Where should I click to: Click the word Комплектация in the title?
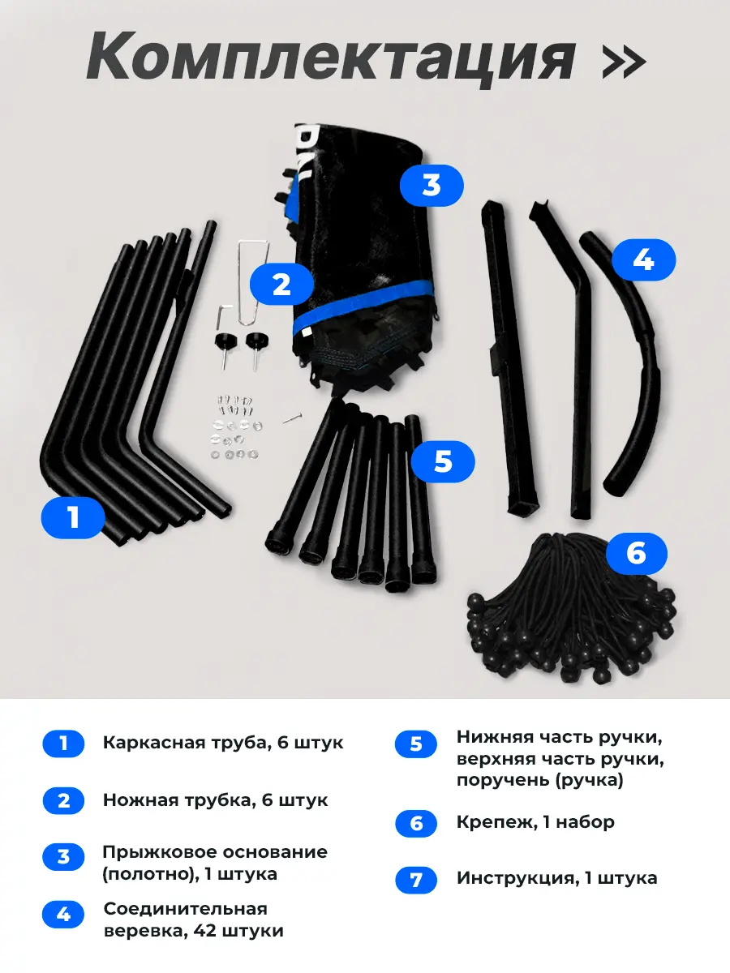click(331, 58)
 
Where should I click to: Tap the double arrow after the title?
click(623, 61)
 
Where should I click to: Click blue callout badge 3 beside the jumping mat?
click(432, 186)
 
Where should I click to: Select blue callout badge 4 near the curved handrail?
click(643, 259)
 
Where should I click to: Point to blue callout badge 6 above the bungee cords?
click(637, 554)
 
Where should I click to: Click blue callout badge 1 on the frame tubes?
click(73, 518)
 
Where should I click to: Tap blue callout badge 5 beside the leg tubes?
click(443, 462)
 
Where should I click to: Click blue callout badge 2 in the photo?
click(281, 284)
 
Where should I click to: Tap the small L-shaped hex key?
click(224, 316)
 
